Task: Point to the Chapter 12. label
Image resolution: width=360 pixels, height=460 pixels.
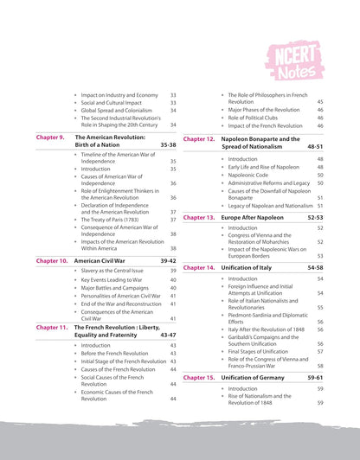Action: (x=199, y=138)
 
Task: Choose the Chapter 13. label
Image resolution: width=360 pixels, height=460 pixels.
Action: (x=199, y=217)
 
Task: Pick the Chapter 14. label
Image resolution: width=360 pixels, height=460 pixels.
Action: (x=199, y=268)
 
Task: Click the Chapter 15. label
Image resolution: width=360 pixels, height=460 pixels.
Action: (x=199, y=378)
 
